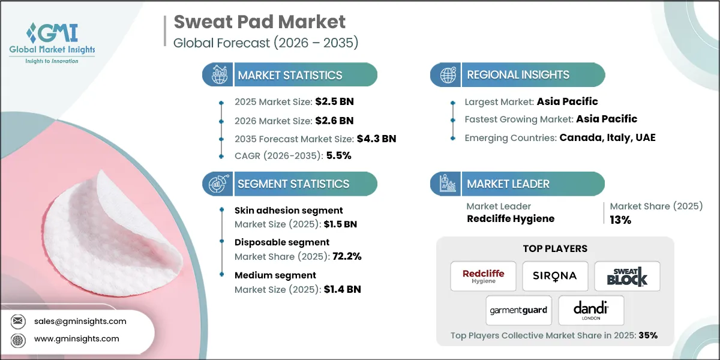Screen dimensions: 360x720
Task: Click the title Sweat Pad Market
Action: pyautogui.click(x=259, y=22)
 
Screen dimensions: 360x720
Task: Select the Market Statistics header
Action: pyautogui.click(x=290, y=75)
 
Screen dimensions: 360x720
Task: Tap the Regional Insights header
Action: pyautogui.click(x=518, y=75)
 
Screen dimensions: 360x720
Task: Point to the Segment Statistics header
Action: pyautogui.click(x=293, y=184)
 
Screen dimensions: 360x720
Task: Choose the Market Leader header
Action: pyautogui.click(x=508, y=184)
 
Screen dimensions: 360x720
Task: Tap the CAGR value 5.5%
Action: pyautogui.click(x=338, y=155)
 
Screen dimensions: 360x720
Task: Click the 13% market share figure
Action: pyautogui.click(x=620, y=220)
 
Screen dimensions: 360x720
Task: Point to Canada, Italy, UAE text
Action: pyautogui.click(x=607, y=137)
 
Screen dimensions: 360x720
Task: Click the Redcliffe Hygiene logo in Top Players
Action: pyautogui.click(x=483, y=276)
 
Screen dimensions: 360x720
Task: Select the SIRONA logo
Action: pyautogui.click(x=555, y=276)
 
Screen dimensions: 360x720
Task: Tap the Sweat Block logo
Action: pyautogui.click(x=627, y=276)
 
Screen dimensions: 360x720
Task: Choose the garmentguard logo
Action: pyautogui.click(x=519, y=310)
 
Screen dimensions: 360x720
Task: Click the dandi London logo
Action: pyautogui.click(x=591, y=310)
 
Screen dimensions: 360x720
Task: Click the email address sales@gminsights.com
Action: pyautogui.click(x=80, y=321)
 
